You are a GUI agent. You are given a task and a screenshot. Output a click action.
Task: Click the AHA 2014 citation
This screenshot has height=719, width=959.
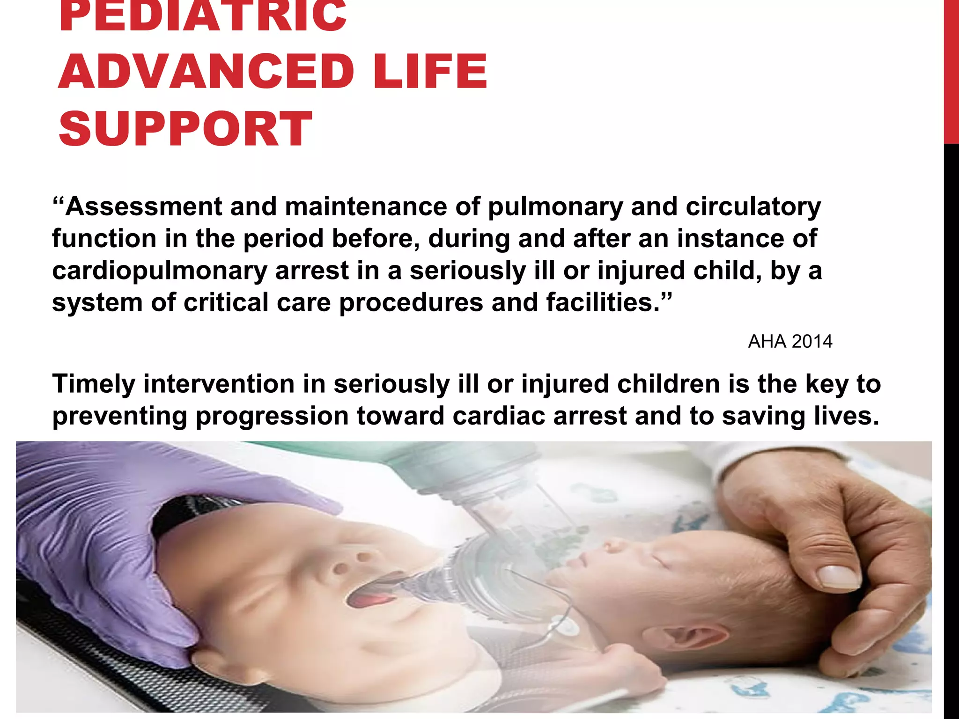click(x=790, y=342)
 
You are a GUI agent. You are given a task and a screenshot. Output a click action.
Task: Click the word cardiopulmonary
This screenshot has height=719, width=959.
click(x=159, y=271)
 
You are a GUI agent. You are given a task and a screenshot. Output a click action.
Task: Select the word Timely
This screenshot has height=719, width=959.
click(x=94, y=384)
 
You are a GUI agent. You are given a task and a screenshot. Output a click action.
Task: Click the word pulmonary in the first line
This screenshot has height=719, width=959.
click(x=555, y=207)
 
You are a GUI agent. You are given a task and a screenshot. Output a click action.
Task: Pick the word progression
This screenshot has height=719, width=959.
click(x=272, y=416)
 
